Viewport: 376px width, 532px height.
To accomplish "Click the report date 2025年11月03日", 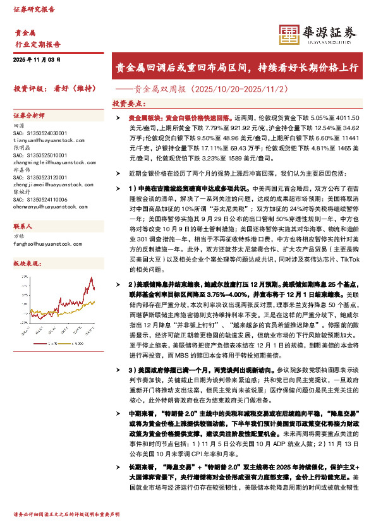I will point(37,59).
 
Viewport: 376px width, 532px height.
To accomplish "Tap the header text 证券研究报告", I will point(34,9).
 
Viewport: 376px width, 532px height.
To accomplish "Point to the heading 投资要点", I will point(128,103).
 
